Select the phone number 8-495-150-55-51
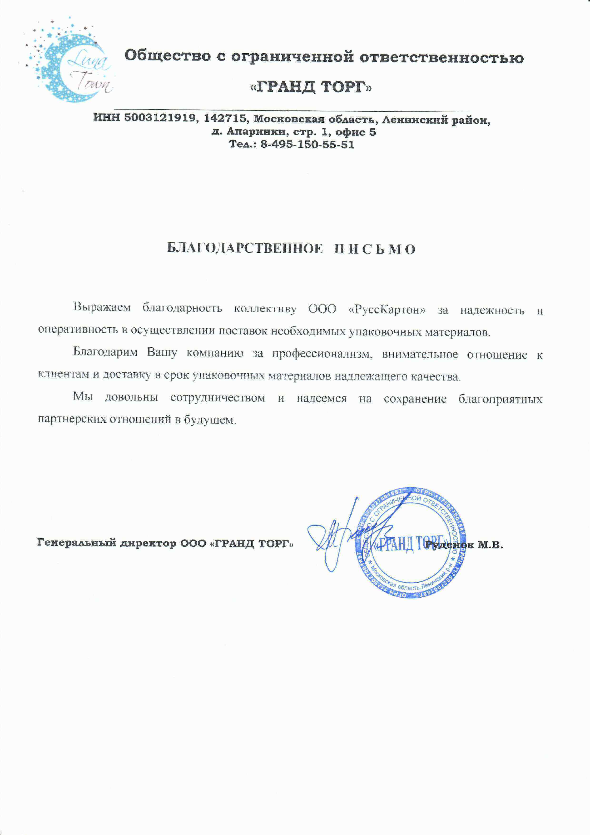tap(307, 145)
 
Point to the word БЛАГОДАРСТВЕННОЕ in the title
tap(245, 249)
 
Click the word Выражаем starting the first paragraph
tap(102, 307)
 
